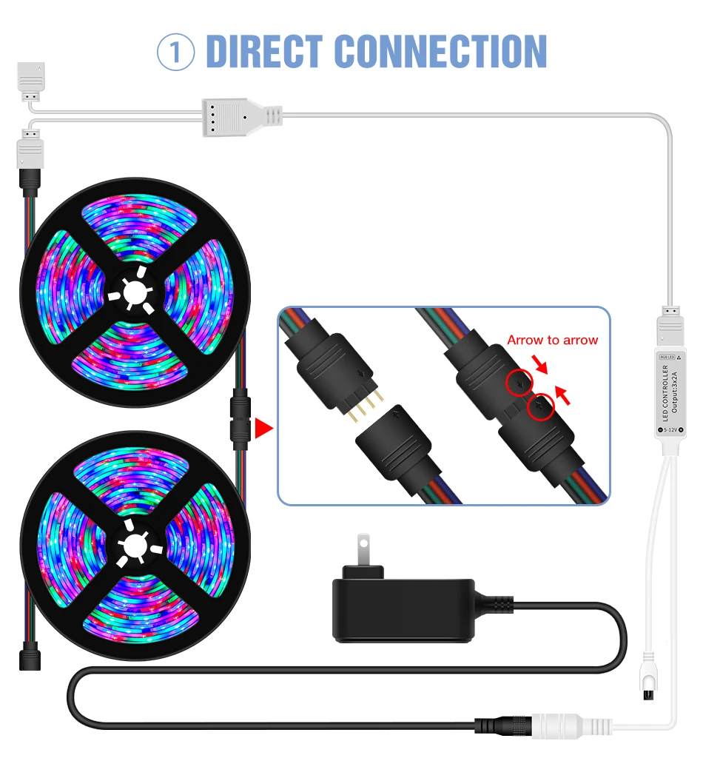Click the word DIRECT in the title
264,51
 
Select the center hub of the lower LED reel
134,546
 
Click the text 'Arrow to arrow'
552,340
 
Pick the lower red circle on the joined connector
541,407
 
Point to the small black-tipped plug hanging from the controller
647,677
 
